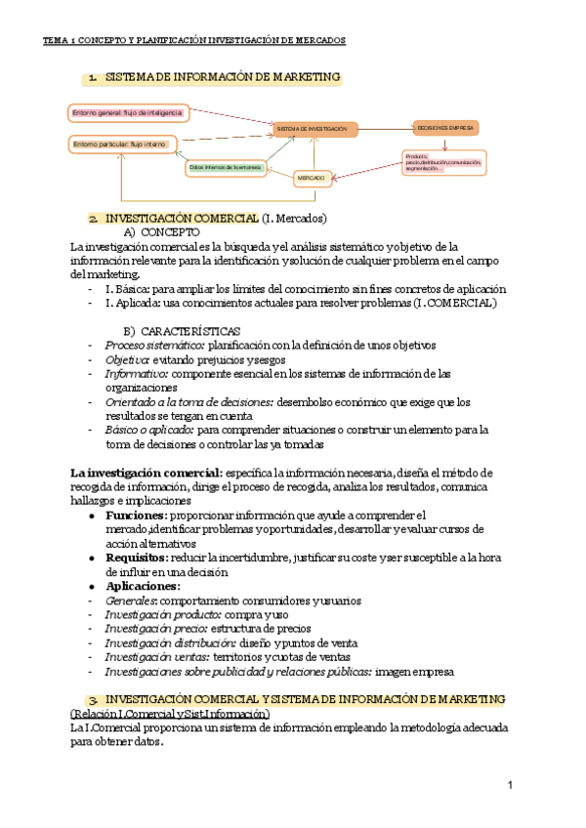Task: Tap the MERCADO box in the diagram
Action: point(312,178)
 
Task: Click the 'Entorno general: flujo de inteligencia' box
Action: point(126,113)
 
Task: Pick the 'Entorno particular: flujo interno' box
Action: point(119,145)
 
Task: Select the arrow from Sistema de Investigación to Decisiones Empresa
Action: point(385,129)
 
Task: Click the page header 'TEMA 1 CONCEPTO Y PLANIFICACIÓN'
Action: point(194,40)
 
